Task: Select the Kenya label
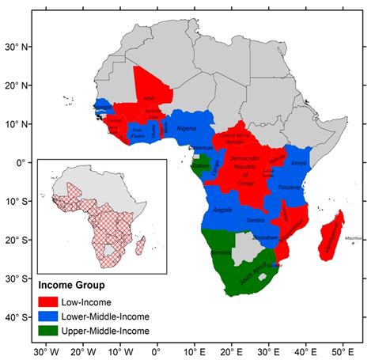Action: coord(298,163)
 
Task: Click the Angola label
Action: coord(222,210)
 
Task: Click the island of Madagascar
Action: coord(329,241)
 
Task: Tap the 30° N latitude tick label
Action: coord(17,46)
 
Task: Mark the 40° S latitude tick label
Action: coord(17,317)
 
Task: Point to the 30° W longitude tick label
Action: coord(44,351)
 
